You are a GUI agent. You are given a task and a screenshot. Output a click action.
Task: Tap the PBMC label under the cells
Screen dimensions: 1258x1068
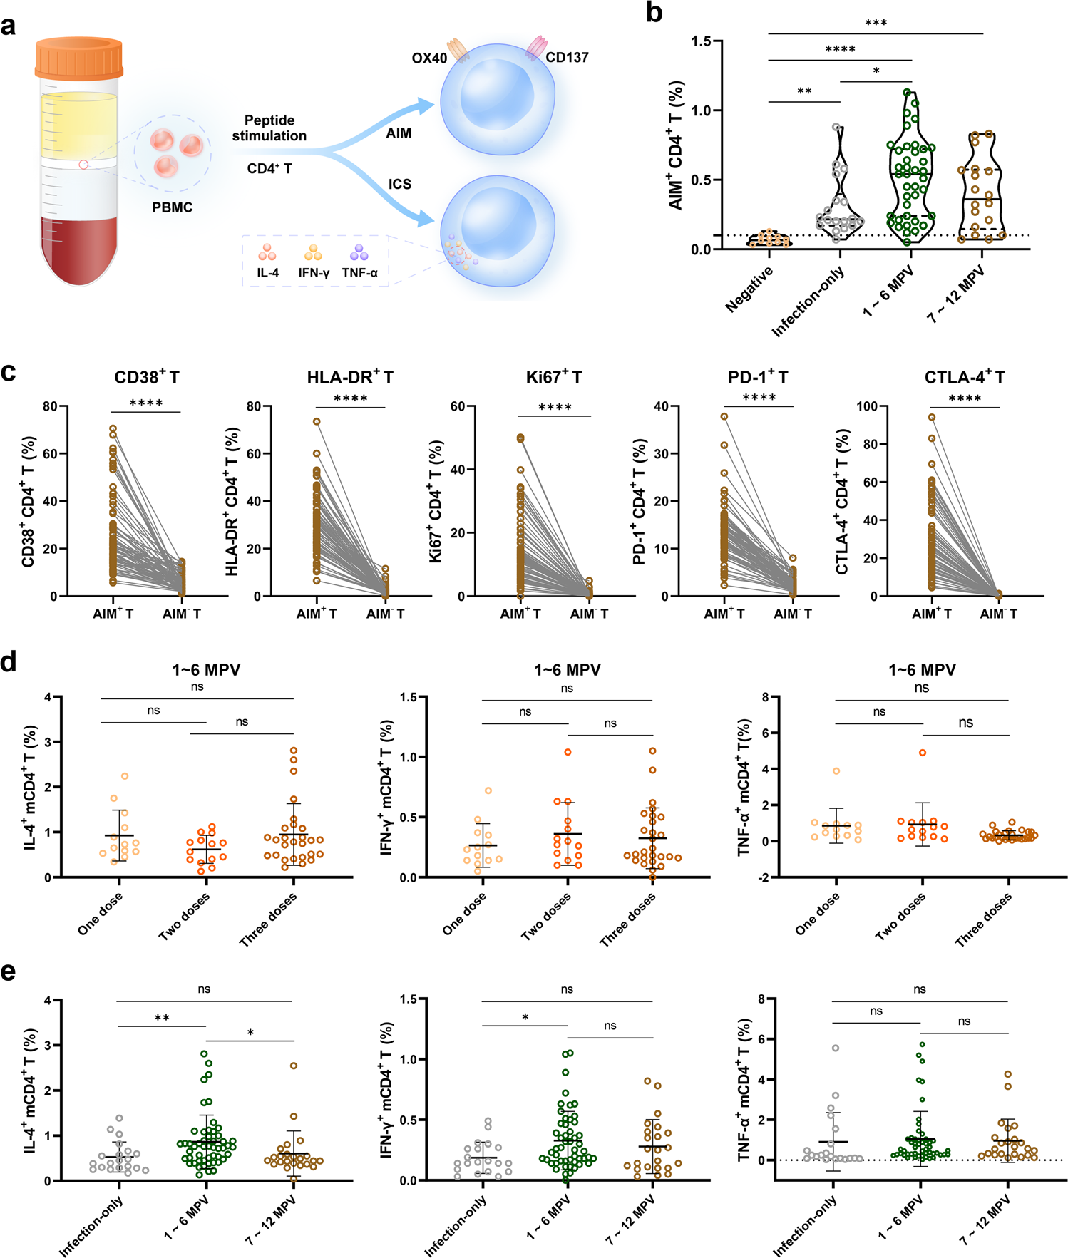pos(172,207)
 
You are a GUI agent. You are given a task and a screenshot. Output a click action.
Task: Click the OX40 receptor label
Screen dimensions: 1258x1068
pos(429,58)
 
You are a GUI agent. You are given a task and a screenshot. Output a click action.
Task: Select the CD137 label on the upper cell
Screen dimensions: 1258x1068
pos(568,58)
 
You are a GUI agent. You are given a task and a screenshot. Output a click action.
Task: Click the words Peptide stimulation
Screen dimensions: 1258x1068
pos(269,128)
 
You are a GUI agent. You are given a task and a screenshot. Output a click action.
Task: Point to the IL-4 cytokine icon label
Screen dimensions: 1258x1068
pos(268,273)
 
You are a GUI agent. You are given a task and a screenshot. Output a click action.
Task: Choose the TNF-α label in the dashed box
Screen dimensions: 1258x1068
pos(359,273)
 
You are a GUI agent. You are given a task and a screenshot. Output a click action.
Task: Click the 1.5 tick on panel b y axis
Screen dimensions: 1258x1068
pos(702,41)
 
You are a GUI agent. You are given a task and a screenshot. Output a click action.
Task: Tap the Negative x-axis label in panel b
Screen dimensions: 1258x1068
pos(749,290)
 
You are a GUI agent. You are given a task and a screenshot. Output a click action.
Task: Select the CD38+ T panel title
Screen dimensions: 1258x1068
pos(147,377)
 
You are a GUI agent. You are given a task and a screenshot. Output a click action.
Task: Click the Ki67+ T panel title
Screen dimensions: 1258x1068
pos(554,377)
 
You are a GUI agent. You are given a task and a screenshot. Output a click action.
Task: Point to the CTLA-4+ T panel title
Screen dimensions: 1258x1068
pos(964,377)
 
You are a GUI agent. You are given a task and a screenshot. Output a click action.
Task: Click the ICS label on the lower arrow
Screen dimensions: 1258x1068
pos(399,184)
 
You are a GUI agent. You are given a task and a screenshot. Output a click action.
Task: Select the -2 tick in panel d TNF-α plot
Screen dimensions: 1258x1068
pos(764,878)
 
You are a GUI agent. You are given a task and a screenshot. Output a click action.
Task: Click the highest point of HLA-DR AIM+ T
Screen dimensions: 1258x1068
pos(317,421)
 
